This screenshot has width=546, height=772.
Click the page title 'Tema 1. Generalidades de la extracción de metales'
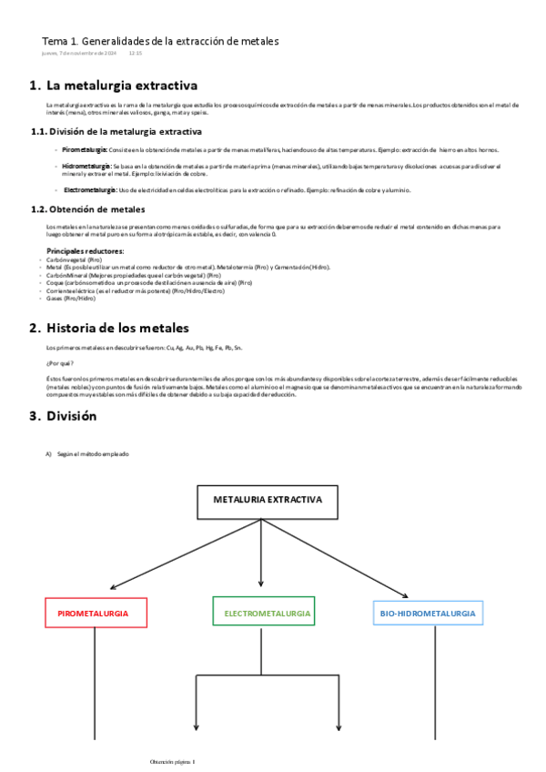[160, 41]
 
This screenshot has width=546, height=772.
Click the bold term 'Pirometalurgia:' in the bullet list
[85, 148]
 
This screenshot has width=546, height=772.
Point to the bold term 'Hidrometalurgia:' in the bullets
[87, 167]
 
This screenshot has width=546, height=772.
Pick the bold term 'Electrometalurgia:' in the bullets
[90, 190]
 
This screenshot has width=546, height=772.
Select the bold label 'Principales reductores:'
[86, 250]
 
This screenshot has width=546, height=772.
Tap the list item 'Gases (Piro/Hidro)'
[70, 298]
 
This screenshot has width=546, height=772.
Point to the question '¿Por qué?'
[59, 363]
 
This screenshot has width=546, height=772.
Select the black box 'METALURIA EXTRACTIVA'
[267, 501]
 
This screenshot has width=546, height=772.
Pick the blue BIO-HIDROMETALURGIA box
[428, 614]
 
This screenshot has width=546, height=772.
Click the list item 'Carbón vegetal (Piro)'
[74, 259]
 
